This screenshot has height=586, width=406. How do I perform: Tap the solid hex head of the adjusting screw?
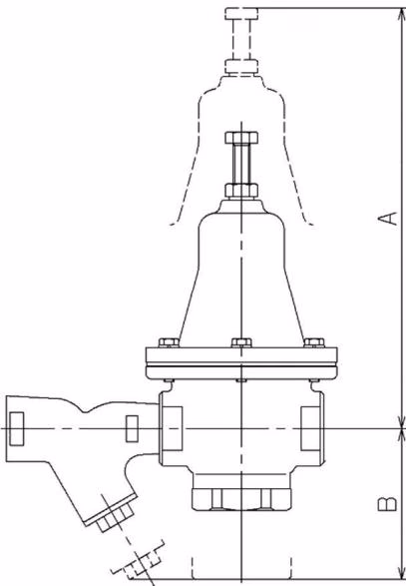pyautogui.click(x=241, y=138)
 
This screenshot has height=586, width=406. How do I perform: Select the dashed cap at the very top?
pyautogui.click(x=241, y=14)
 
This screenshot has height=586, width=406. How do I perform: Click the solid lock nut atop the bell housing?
pyautogui.click(x=241, y=190)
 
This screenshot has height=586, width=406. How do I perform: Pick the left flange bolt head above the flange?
pyautogui.click(x=169, y=342)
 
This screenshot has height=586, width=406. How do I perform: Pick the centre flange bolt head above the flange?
pyautogui.click(x=241, y=342)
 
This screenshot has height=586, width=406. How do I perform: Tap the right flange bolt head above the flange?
pyautogui.click(x=314, y=342)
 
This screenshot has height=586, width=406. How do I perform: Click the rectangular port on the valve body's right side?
pyautogui.click(x=310, y=428)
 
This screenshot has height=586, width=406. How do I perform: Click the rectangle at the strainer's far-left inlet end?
pyautogui.click(x=17, y=428)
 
